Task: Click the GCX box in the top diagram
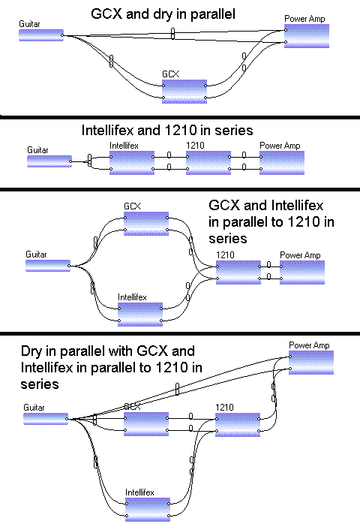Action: [184, 92]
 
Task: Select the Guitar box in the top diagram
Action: [41, 35]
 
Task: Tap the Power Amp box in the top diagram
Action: [307, 36]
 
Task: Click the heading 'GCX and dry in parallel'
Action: [163, 14]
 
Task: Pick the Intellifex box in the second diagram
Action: [132, 163]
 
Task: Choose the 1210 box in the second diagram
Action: [208, 163]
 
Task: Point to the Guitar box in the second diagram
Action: [49, 161]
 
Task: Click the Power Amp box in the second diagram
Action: [282, 163]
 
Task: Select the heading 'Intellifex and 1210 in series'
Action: [167, 130]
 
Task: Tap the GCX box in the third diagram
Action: [146, 224]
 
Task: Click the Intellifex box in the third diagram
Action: [140, 315]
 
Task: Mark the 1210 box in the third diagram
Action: [238, 273]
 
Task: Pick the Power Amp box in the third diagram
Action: [302, 273]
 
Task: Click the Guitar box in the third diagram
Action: [48, 266]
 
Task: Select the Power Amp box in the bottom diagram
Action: [311, 363]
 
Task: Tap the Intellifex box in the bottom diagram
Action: [148, 510]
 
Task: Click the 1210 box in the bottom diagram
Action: [238, 425]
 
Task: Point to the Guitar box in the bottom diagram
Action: [46, 419]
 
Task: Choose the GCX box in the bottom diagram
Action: [146, 424]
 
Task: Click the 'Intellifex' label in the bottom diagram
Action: [139, 492]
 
